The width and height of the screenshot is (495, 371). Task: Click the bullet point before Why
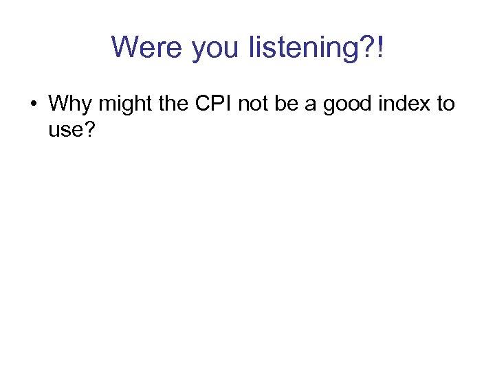tap(33, 104)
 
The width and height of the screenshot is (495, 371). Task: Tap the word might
tap(120, 104)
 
